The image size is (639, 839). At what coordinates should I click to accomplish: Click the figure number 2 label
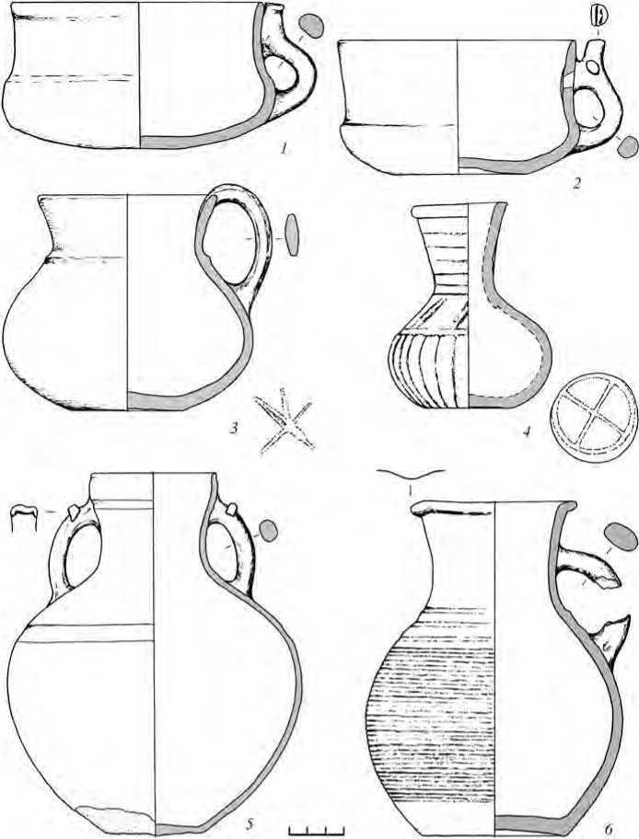click(x=576, y=185)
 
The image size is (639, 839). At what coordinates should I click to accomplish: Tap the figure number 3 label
click(x=234, y=428)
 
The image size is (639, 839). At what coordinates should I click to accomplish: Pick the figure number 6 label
click(x=608, y=828)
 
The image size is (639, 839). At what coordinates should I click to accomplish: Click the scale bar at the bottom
click(x=316, y=831)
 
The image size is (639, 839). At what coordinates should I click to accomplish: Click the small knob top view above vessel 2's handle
click(x=598, y=15)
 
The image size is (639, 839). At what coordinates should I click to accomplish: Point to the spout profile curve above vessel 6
click(x=411, y=473)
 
